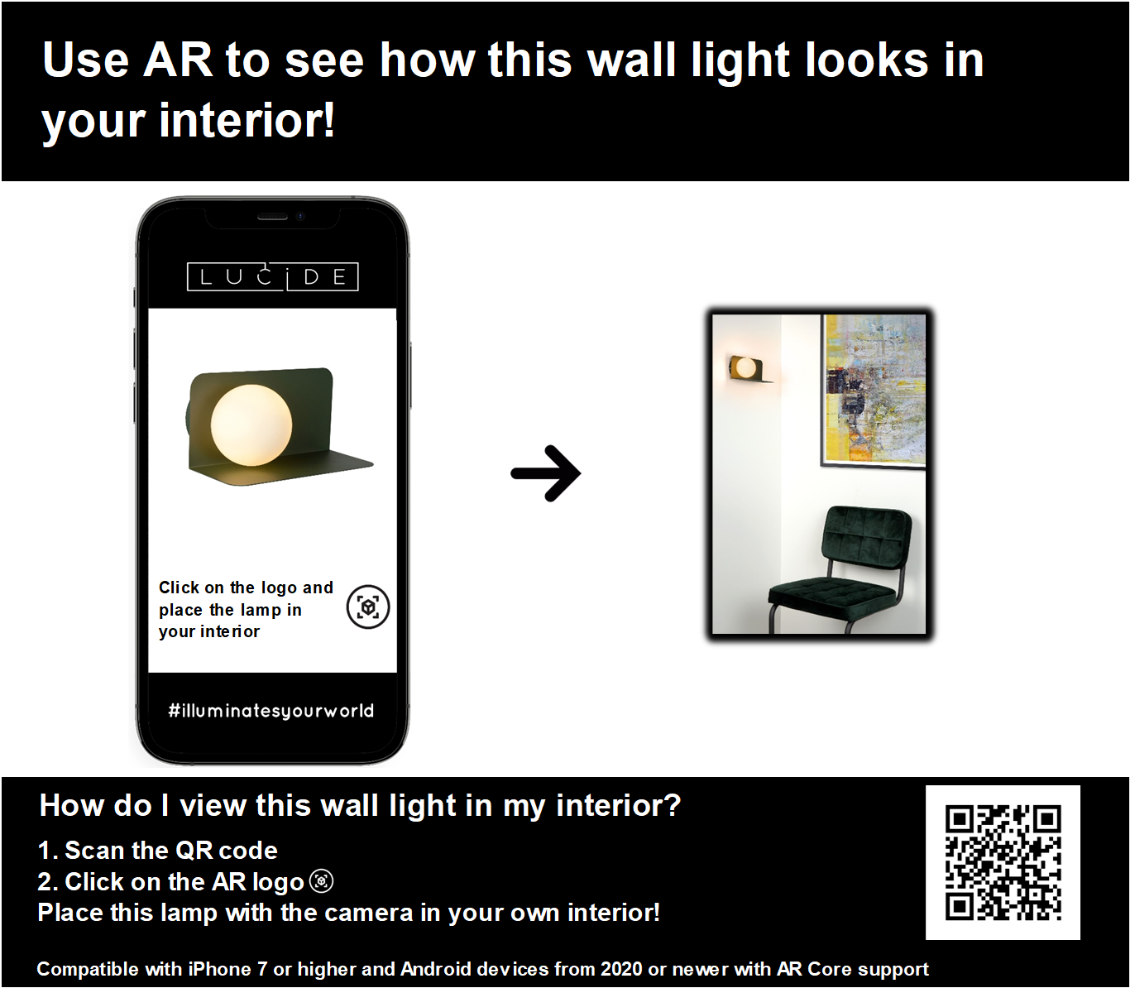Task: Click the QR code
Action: click(1003, 863)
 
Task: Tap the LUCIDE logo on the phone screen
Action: click(272, 276)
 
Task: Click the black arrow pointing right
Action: click(545, 473)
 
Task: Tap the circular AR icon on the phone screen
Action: click(368, 607)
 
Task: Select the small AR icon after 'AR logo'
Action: click(322, 881)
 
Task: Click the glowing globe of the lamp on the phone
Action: click(251, 425)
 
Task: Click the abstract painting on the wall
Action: click(874, 391)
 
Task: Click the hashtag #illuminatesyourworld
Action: click(271, 710)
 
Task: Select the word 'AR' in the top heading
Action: click(177, 60)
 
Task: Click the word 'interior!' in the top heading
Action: click(247, 120)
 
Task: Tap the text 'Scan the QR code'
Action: click(171, 850)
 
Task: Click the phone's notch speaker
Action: click(273, 217)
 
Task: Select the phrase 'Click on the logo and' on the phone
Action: click(247, 588)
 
